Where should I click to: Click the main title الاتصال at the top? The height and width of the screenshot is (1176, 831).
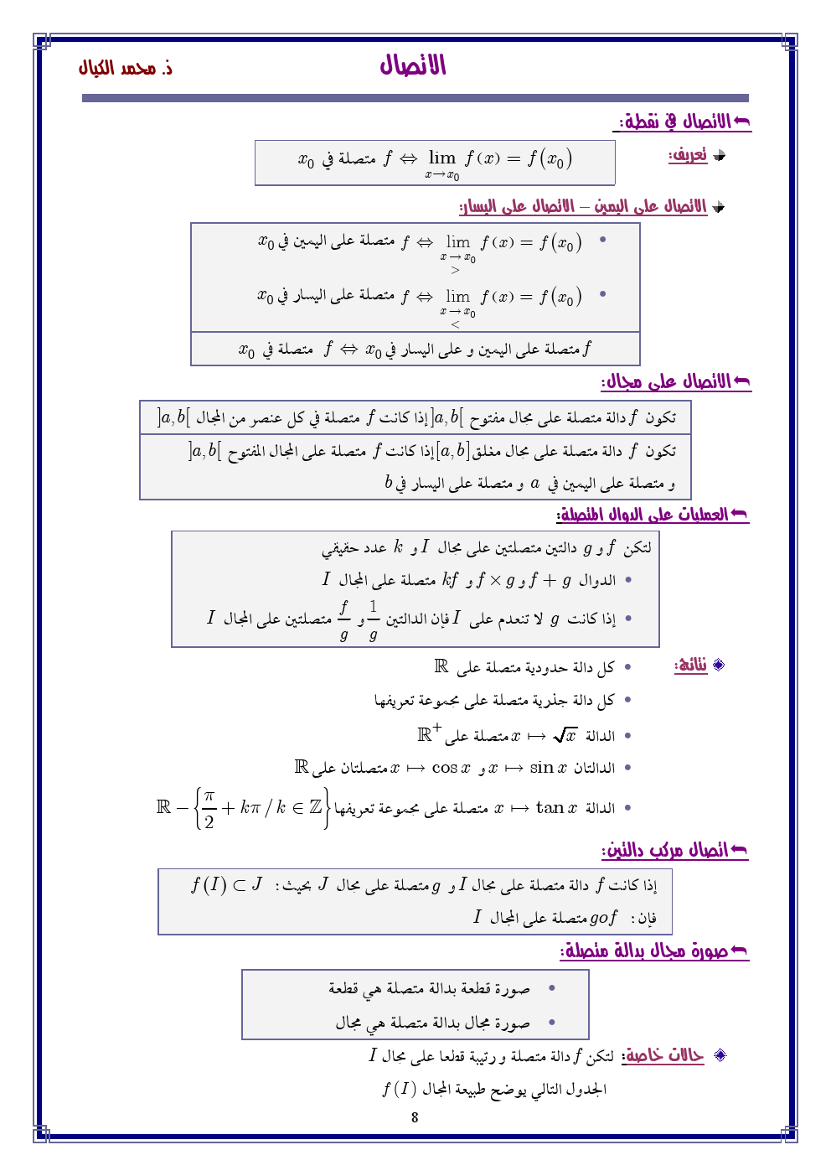413,65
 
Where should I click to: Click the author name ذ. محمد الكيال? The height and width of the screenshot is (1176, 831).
126,68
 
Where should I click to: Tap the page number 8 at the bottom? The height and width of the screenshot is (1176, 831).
415,1116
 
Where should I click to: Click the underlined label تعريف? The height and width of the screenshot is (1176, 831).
688,155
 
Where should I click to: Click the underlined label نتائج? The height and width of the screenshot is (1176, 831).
691,666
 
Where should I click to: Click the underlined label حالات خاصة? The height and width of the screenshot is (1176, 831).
664,1055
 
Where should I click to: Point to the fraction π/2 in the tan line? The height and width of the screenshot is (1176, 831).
209,808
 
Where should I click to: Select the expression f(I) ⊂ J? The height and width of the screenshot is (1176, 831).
226,884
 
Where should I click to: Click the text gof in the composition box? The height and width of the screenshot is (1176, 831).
603,918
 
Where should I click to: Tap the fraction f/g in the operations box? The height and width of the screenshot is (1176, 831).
343,619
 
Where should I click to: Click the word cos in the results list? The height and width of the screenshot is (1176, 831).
444,768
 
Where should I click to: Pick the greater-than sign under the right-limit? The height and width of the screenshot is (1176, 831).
455,270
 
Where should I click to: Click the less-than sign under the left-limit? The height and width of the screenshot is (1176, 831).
455,324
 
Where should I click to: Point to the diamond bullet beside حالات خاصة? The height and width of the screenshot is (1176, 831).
719,1055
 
